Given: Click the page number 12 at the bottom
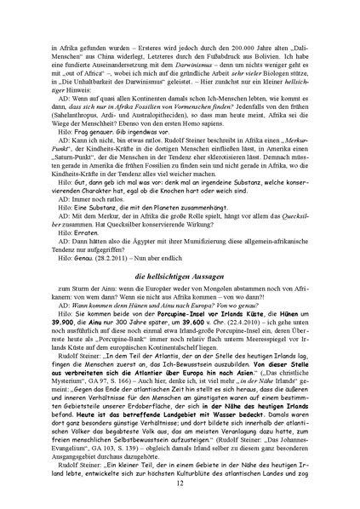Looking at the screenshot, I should [x=180, y=483].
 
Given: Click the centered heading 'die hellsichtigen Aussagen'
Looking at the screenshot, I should [x=180, y=253].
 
